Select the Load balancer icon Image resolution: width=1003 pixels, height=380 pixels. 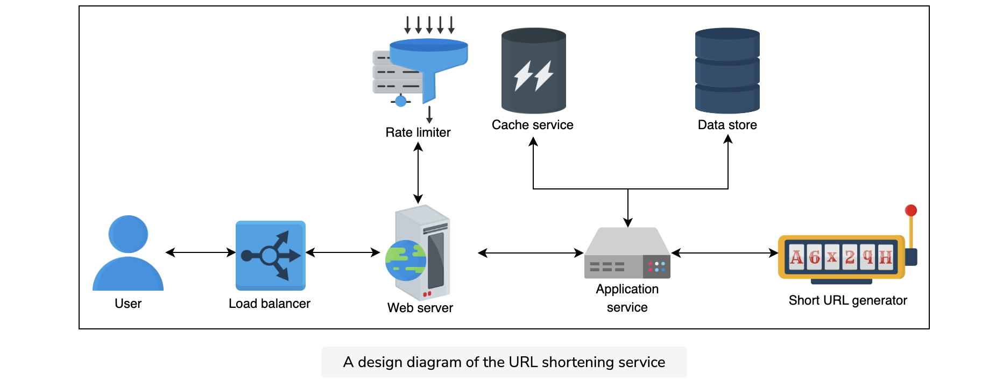pos(271,256)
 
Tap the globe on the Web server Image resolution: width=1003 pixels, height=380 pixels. pos(406,261)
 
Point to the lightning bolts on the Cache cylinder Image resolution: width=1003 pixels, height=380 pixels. pos(533,75)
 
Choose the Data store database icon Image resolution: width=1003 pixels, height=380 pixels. pos(727,71)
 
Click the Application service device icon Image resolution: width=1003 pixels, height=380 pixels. pos(627,253)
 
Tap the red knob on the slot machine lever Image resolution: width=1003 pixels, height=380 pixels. pos(911,210)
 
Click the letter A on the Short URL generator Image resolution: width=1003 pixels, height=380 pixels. pos(796,257)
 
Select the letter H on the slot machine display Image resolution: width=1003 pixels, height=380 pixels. pos(885,257)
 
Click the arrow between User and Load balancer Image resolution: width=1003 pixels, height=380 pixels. pos(201,252)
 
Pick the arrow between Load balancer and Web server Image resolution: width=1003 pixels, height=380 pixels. pos(343,252)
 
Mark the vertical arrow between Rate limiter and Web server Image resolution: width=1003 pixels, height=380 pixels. pos(418,173)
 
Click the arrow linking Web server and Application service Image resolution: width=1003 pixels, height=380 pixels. pos(531,253)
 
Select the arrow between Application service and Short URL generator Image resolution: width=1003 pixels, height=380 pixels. pos(725,253)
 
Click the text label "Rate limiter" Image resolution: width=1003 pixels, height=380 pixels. pos(418,132)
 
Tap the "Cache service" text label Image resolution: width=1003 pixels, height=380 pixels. pos(533,125)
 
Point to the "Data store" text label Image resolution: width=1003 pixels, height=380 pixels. pos(727,125)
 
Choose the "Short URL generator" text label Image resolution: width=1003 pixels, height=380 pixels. pos(848,300)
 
